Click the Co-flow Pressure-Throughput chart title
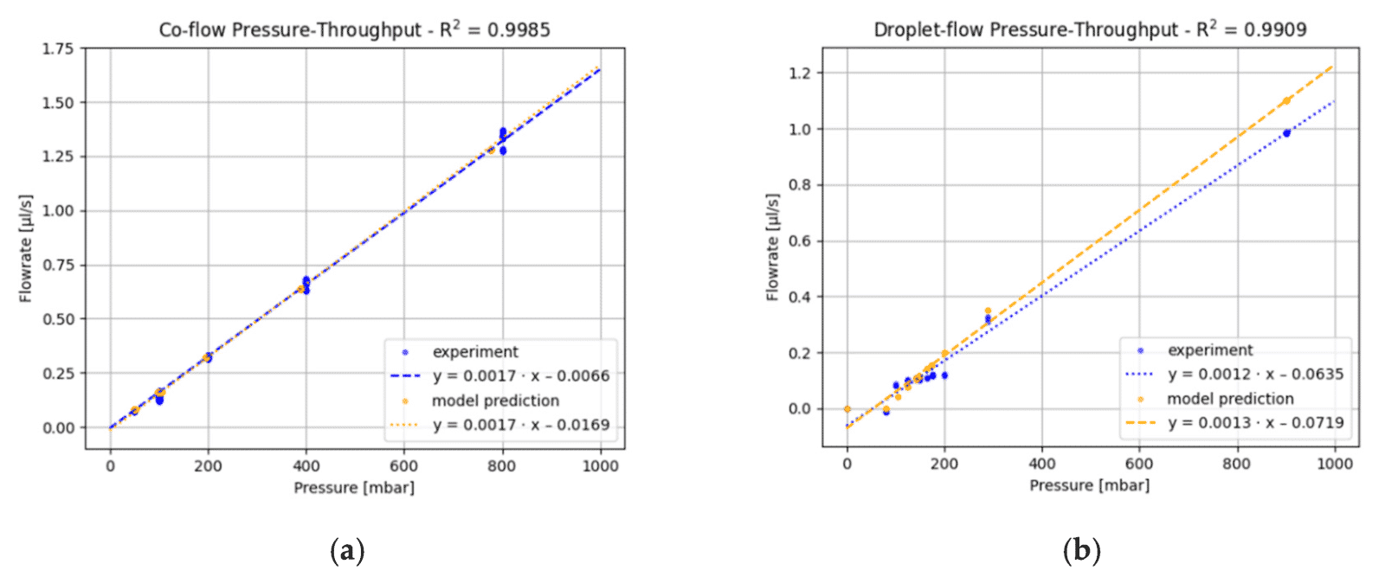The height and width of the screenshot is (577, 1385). point(354,29)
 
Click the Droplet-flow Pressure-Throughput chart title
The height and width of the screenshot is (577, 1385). point(1090,29)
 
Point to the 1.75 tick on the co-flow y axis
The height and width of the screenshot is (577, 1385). point(58,48)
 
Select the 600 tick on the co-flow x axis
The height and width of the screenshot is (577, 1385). point(403,466)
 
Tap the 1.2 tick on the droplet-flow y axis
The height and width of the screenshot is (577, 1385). point(800,73)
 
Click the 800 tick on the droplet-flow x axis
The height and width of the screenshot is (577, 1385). point(1236,464)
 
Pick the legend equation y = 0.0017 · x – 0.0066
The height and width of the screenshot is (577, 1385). point(521,376)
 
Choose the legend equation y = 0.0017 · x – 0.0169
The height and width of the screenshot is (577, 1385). point(521,425)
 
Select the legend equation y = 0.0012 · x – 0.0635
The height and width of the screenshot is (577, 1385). point(1255,375)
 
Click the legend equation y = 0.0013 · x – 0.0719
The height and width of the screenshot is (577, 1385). point(1255,423)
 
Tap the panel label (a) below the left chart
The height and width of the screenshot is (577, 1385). point(347,550)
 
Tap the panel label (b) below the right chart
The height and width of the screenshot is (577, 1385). point(1082,550)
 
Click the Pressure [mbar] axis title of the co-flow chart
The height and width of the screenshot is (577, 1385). point(354,488)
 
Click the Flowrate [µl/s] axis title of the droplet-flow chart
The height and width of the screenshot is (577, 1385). point(772,247)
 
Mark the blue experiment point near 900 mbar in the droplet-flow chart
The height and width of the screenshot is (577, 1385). point(1286,132)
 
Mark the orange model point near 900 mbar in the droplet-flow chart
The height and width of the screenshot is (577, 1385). point(1286,100)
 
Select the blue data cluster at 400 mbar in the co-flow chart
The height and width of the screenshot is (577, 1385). point(306,285)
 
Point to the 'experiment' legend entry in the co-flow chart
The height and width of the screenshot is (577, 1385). point(475,352)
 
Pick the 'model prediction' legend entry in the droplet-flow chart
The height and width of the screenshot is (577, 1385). point(1230,399)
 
